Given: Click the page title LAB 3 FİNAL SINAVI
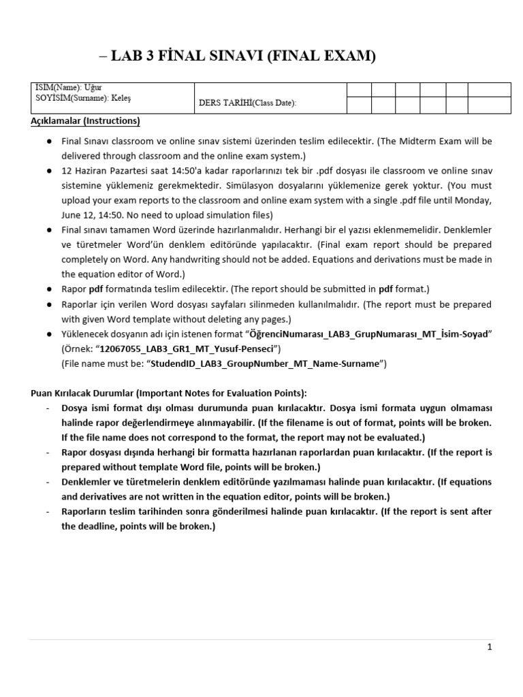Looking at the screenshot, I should click(238, 57).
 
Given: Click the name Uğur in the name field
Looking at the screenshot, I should click(93, 88).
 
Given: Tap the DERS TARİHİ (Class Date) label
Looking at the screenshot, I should click(247, 103).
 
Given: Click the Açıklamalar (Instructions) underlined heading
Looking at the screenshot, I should click(85, 121).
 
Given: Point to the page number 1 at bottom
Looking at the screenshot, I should click(489, 647).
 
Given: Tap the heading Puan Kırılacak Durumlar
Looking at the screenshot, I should click(95, 393).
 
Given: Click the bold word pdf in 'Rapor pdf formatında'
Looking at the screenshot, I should click(95, 289).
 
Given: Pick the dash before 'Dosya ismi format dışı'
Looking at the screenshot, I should click(48, 408).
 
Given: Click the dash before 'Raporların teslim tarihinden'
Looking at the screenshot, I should click(48, 512).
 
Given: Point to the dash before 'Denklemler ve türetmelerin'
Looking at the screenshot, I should click(48, 482).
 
